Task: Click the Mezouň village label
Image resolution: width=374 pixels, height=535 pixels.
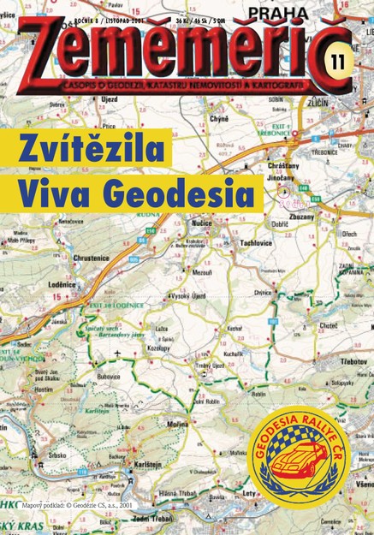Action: [x=203, y=272]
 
